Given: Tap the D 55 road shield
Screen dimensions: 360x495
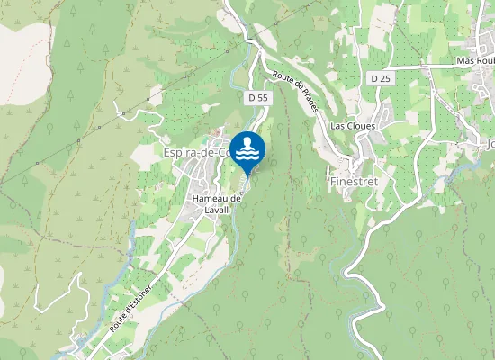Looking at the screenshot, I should point(256,96).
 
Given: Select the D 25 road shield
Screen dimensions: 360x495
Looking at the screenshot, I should point(380,80).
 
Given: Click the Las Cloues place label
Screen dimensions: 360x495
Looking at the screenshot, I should point(353,126).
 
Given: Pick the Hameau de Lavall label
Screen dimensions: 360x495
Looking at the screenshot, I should point(219,204).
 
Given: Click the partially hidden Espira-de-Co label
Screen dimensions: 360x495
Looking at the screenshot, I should point(196,153).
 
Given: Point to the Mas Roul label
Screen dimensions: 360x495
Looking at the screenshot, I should point(476,60).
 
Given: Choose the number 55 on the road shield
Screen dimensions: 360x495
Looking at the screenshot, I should point(261,96).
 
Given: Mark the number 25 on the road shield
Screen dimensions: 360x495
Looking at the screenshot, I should point(384,80).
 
